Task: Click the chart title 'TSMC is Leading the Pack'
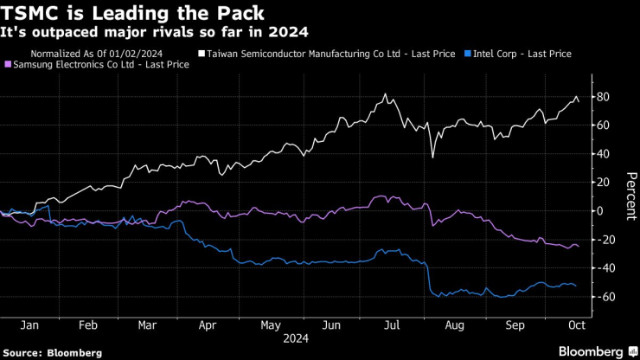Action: pos(130,14)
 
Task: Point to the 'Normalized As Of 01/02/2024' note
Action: pos(108,54)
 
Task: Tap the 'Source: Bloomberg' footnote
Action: pos(53,353)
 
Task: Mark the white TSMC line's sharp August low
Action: pos(432,157)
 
